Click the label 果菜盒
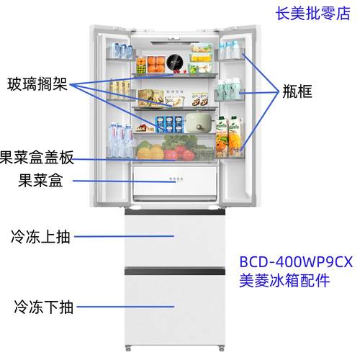pos(40,181)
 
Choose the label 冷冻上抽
pos(42,235)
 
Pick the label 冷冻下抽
pos(42,307)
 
